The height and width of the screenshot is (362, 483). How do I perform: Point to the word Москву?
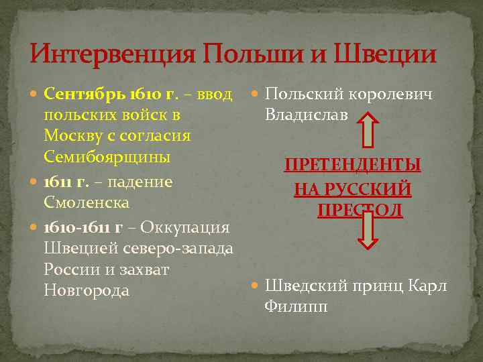pyautogui.click(x=73, y=135)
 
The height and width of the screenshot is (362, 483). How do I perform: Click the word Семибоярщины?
pyautogui.click(x=106, y=157)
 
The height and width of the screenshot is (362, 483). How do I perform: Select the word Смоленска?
pyautogui.click(x=87, y=202)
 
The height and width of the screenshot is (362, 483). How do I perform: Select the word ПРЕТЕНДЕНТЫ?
pyautogui.click(x=353, y=165)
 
